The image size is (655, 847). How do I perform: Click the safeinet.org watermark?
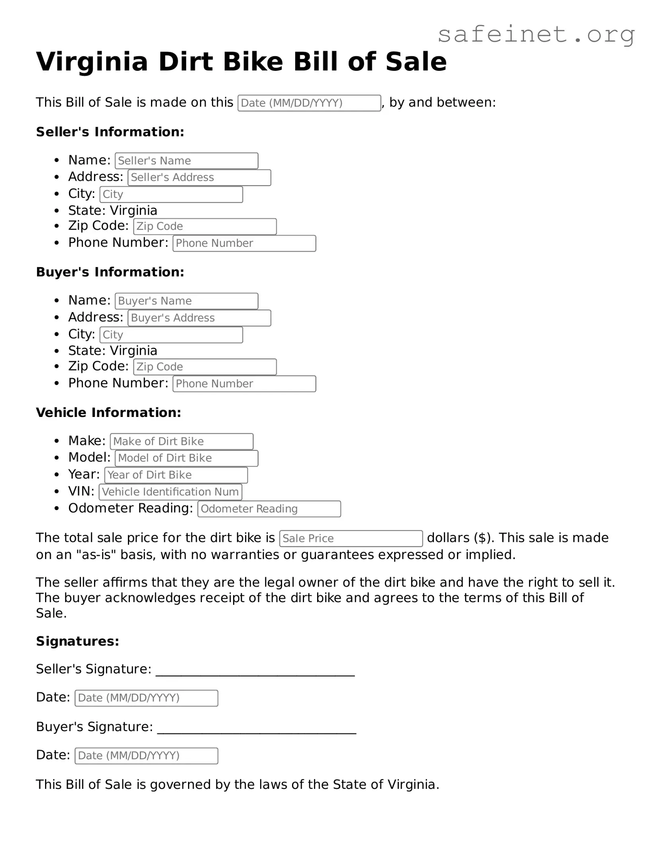tap(536, 35)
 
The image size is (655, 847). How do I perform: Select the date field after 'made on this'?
tap(309, 103)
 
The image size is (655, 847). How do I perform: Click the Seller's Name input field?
tap(186, 161)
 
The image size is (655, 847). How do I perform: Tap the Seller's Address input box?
tap(199, 178)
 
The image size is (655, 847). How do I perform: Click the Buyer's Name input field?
tap(186, 301)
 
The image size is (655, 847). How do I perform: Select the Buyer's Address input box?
tap(199, 318)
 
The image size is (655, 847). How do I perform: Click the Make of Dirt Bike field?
tap(182, 442)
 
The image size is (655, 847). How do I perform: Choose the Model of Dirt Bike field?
tap(186, 458)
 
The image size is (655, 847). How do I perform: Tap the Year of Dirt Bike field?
tap(176, 475)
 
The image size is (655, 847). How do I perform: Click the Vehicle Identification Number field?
tap(171, 492)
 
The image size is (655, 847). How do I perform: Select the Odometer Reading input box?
tap(269, 509)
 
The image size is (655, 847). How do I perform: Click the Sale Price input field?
tap(351, 539)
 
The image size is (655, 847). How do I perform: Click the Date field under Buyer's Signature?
tap(146, 756)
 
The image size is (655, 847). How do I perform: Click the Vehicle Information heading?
tap(108, 413)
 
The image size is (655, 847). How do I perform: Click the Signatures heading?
tap(78, 641)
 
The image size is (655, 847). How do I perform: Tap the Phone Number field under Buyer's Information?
tap(244, 384)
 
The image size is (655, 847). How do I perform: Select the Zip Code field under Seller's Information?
tap(205, 227)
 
